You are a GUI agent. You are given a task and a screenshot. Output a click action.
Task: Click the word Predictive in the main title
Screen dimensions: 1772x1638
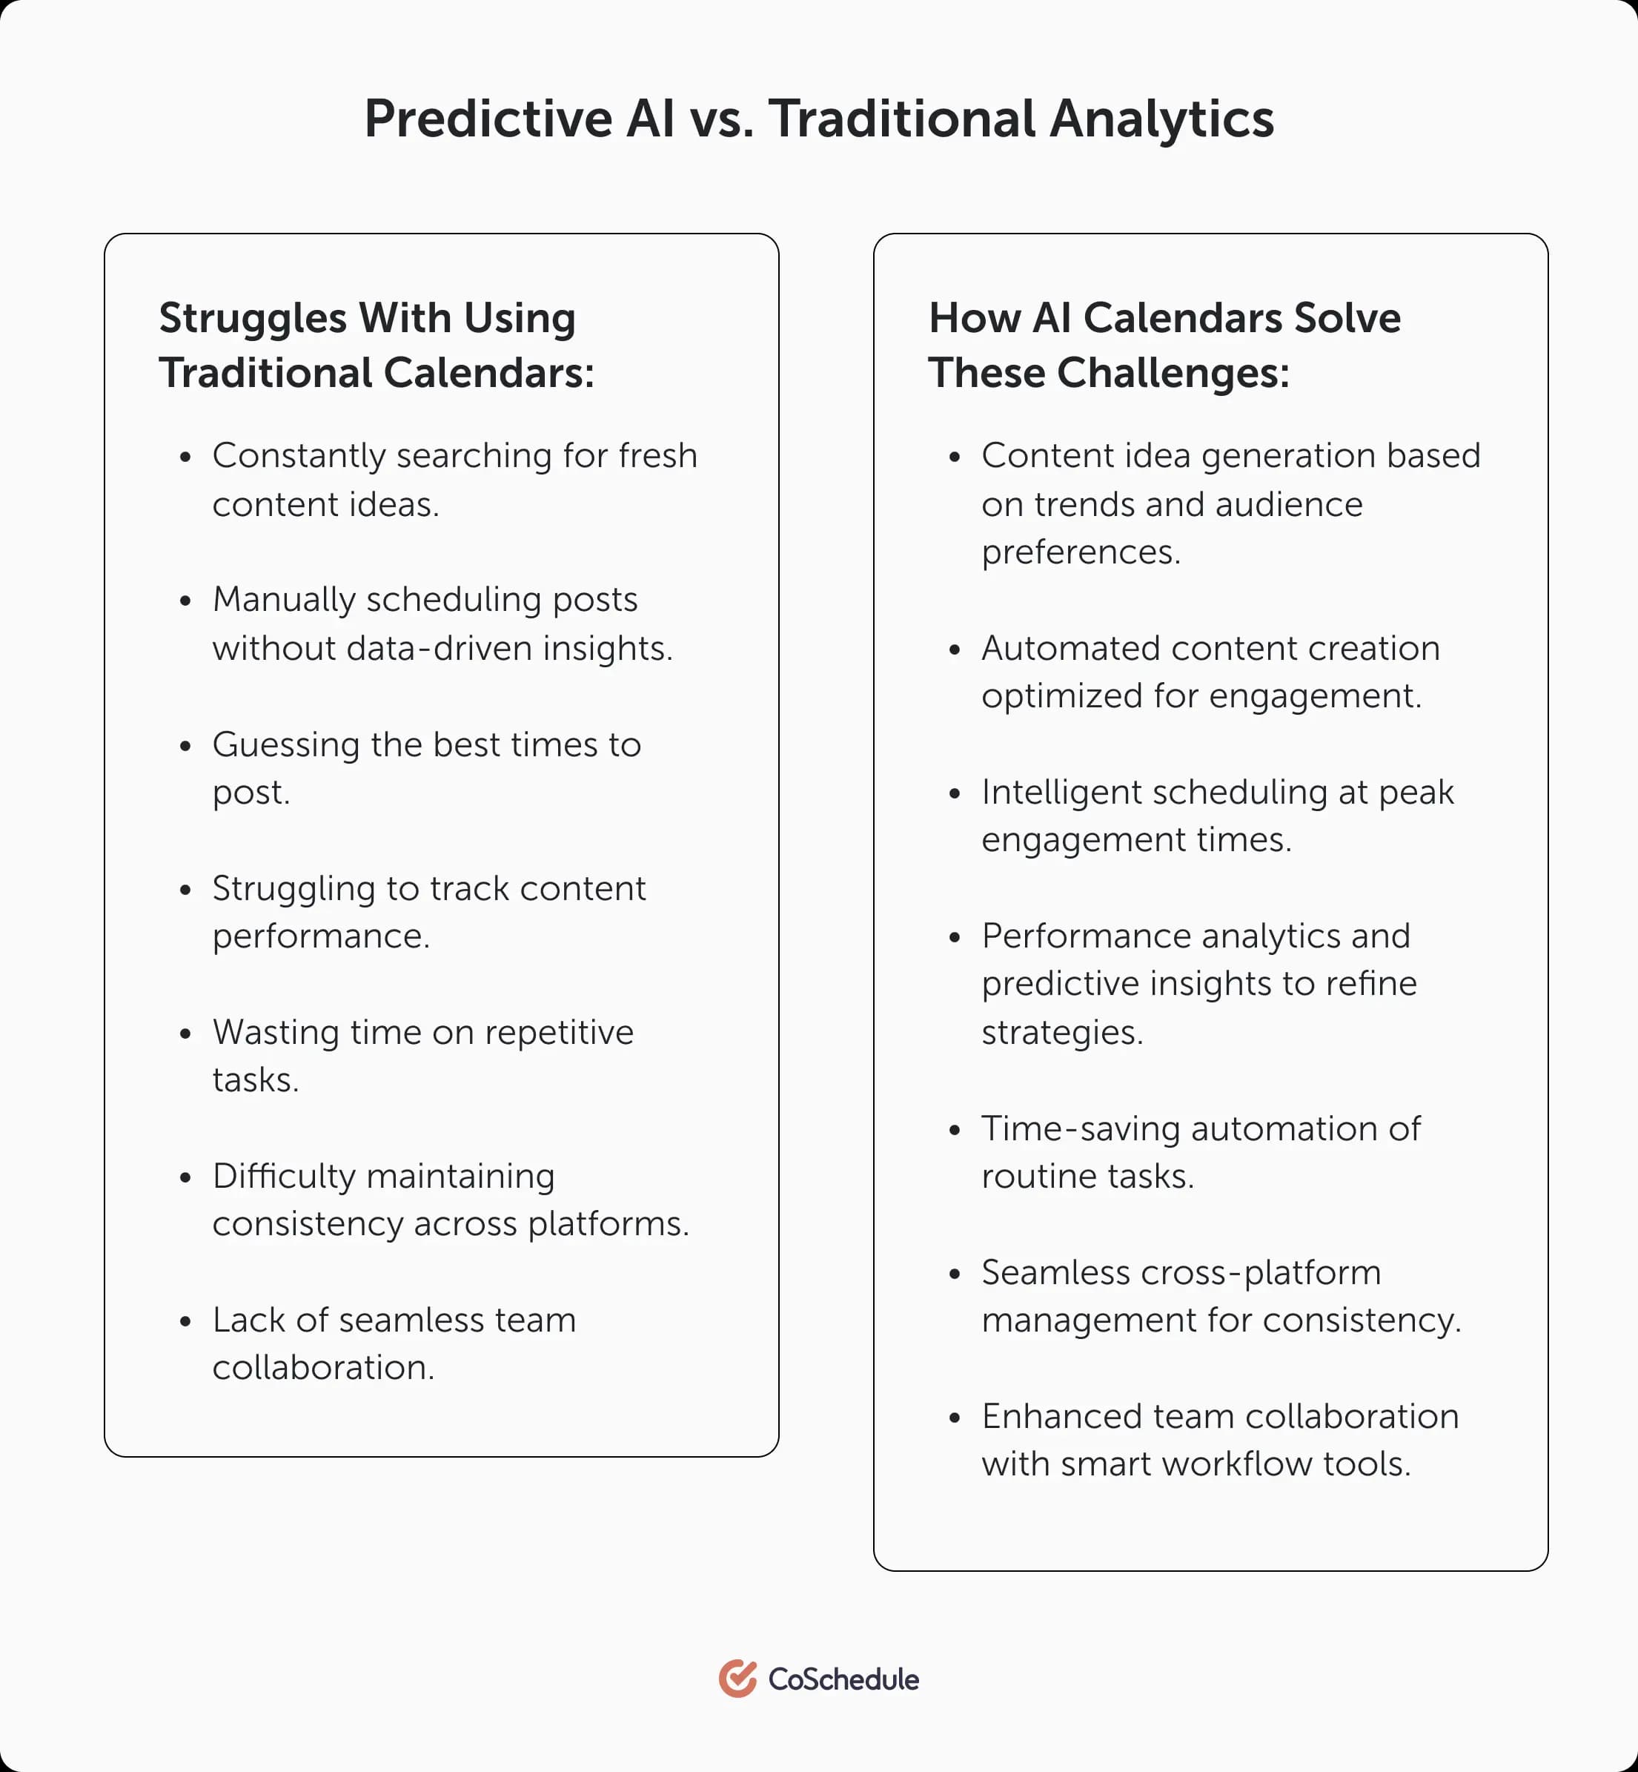488,118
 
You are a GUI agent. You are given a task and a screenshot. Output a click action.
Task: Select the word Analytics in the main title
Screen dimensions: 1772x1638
1161,118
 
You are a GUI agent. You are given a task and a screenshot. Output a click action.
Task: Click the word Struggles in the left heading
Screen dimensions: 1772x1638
253,318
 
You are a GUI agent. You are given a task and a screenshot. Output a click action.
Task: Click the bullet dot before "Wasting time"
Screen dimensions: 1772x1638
185,1034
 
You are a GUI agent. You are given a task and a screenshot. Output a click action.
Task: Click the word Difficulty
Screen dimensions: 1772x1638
284,1177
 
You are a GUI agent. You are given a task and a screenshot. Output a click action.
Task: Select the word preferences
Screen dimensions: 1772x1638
1081,552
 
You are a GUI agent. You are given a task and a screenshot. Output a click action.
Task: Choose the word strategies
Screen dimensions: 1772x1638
1061,1033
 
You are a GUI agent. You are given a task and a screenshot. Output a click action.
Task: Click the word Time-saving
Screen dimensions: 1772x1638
1081,1128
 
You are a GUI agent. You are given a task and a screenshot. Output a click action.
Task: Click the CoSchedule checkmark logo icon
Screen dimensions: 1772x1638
737,1679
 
